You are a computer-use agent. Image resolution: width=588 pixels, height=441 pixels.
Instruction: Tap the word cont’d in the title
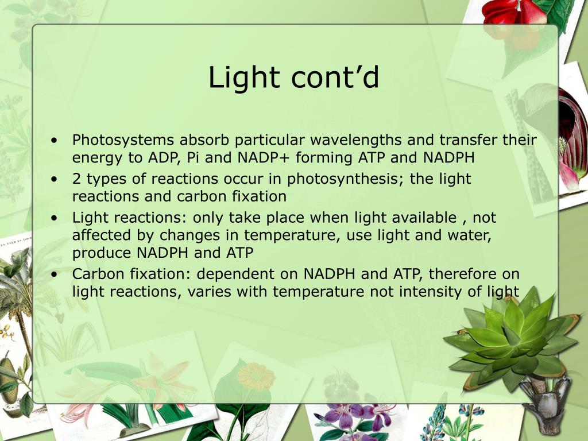pos(335,78)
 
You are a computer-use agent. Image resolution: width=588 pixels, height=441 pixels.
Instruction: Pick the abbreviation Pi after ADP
pos(192,157)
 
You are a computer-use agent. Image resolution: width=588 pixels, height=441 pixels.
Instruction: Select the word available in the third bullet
pos(428,218)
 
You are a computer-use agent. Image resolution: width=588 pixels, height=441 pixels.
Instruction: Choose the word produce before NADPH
pos(101,253)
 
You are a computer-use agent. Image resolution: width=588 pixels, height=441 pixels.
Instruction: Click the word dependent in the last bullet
pos(257,274)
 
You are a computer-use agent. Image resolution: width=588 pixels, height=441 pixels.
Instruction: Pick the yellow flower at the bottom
pos(256,376)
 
